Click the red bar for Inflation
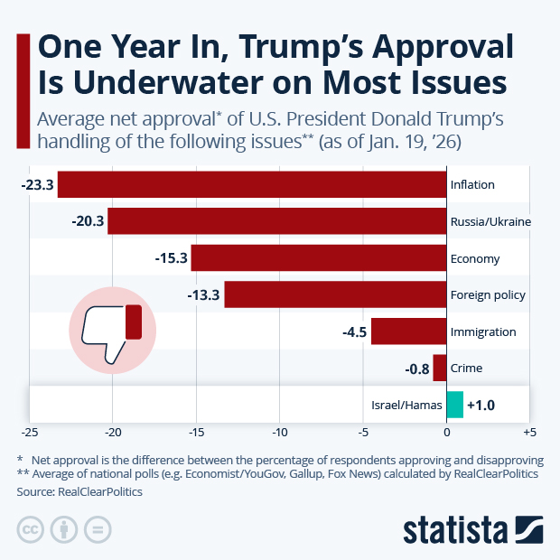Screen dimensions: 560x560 [253, 184]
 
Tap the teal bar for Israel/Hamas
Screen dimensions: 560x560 [455, 405]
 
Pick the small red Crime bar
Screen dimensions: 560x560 [440, 368]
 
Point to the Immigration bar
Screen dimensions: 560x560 [409, 331]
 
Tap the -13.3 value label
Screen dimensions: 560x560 [203, 294]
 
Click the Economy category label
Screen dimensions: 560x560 [475, 258]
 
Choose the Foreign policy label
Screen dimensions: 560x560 [488, 294]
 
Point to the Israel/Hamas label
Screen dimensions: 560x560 [406, 405]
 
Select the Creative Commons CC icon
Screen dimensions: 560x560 [32, 528]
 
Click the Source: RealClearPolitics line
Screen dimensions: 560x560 [79, 492]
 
